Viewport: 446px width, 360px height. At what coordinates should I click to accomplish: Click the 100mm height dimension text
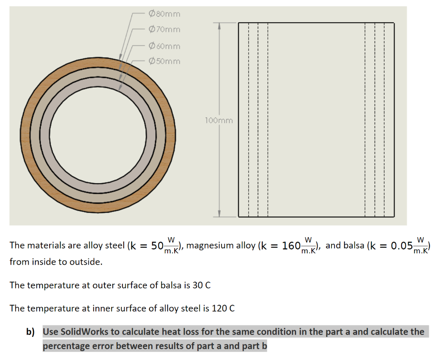[x=219, y=120]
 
